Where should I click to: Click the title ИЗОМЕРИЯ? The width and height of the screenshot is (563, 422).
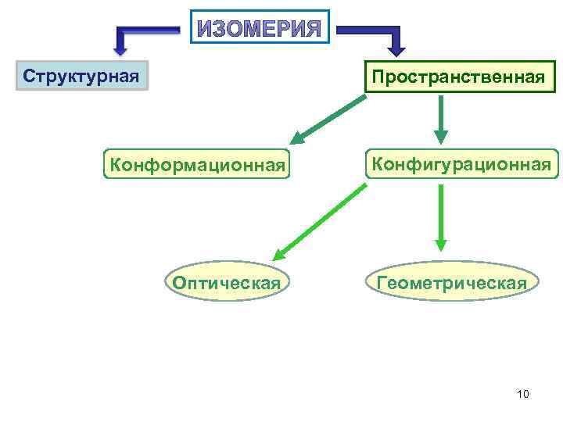coord(259,28)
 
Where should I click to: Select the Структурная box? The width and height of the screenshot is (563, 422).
coord(81,77)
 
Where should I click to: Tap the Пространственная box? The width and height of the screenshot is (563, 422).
coord(457,77)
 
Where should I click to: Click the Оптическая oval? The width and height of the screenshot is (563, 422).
coord(227,282)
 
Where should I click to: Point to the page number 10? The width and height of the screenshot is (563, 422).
coord(523,394)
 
